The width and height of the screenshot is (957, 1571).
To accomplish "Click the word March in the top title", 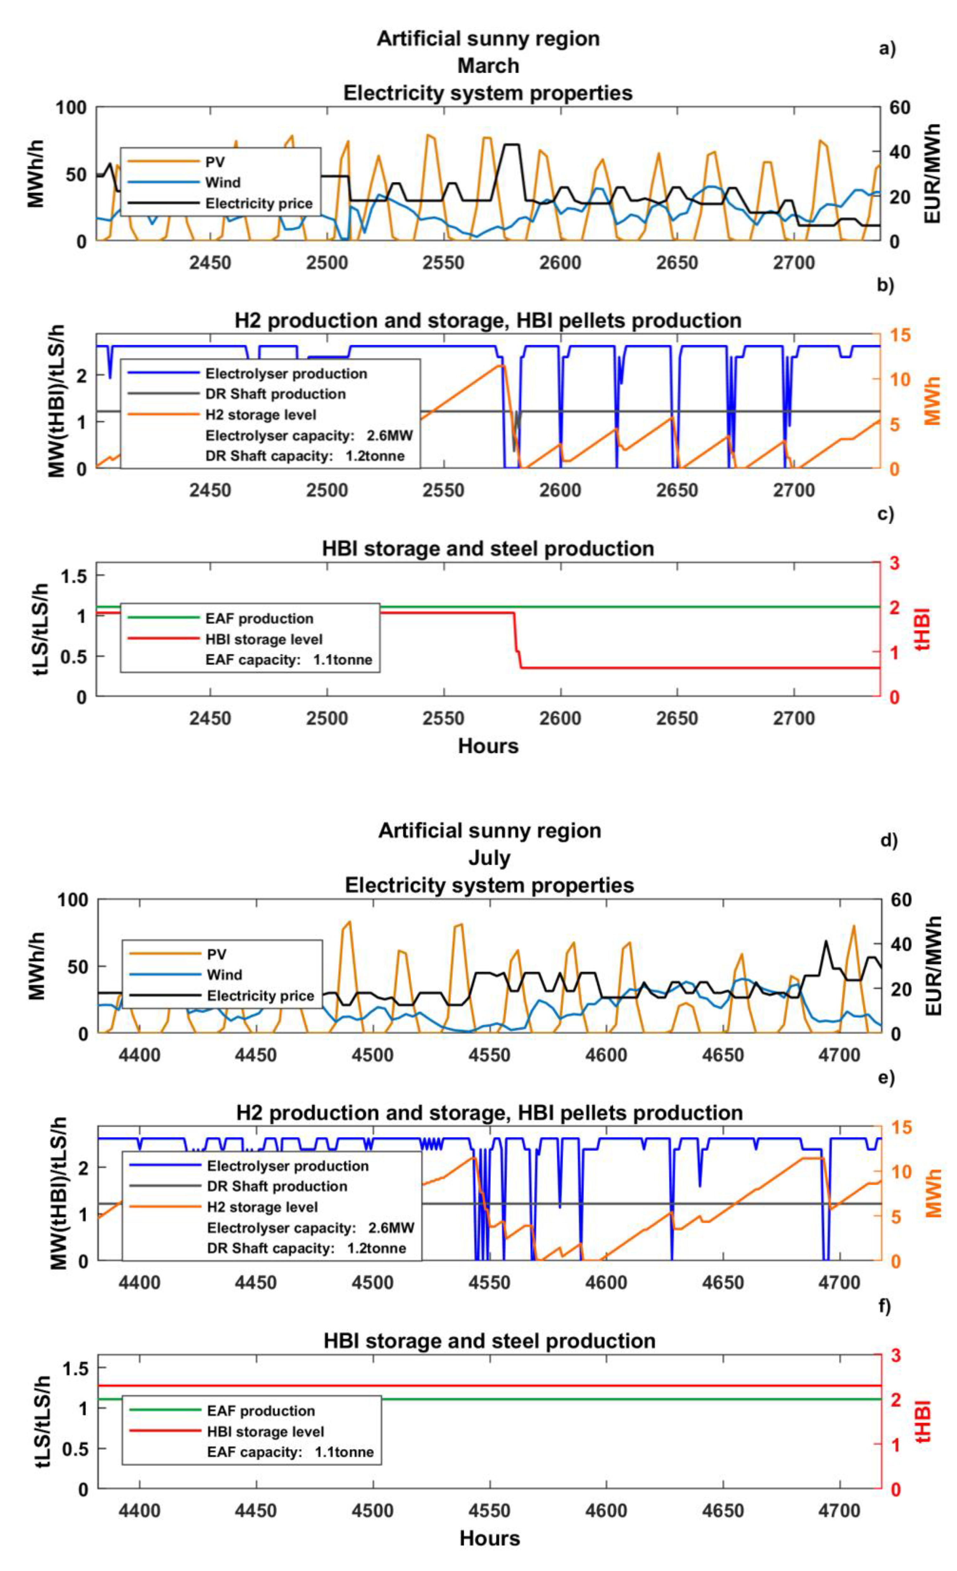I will point(488,66).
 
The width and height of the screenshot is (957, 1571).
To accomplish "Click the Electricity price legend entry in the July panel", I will point(261,996).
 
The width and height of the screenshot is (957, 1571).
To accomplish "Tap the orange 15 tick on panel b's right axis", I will point(900,335).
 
